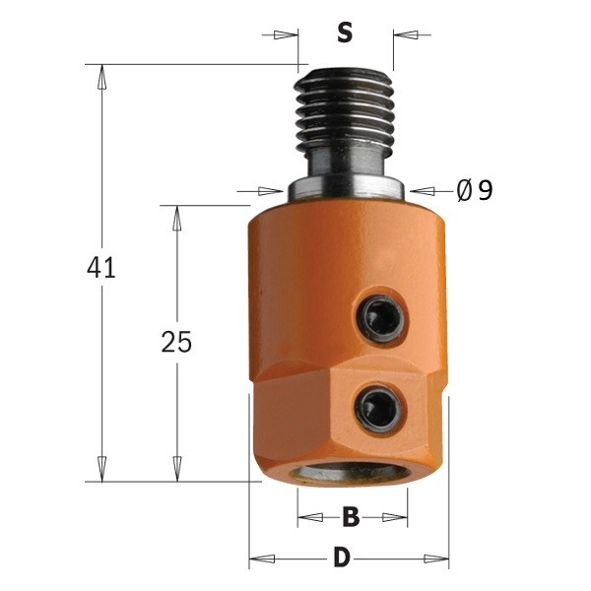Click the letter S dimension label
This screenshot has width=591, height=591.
coord(345,33)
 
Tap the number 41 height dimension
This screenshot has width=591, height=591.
coord(100,267)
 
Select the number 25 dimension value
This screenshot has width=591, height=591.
coord(176,342)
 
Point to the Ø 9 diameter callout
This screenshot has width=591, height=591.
coord(474,190)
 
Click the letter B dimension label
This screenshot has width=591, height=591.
coord(351,517)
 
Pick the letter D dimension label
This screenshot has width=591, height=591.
coord(342,558)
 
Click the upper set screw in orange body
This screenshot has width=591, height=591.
coord(380,319)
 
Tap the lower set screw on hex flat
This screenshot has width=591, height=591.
coord(379,409)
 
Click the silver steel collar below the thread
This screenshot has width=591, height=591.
coord(346,188)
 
